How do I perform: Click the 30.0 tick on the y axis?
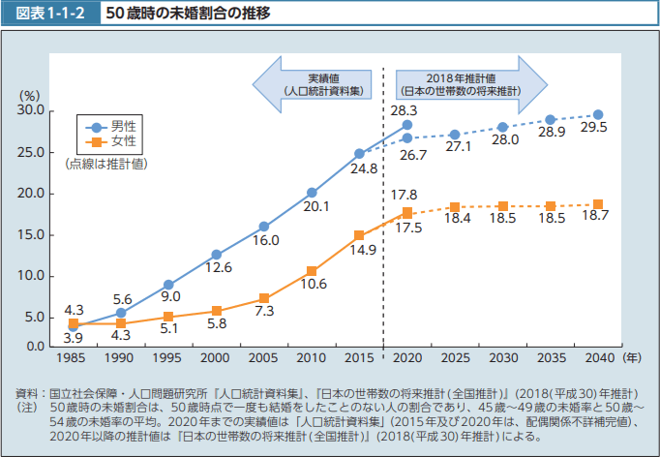click(32, 111)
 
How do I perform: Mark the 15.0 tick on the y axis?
click(32, 234)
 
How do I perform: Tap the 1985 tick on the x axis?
click(74, 357)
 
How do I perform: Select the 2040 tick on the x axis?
click(598, 357)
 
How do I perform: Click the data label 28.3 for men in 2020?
click(404, 111)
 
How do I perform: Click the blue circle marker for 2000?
click(216, 255)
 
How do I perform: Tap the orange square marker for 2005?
click(264, 299)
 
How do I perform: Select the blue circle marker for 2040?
click(598, 115)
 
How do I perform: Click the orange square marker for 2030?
click(503, 206)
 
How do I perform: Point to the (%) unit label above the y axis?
click(30, 96)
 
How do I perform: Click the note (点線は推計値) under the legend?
click(106, 164)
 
